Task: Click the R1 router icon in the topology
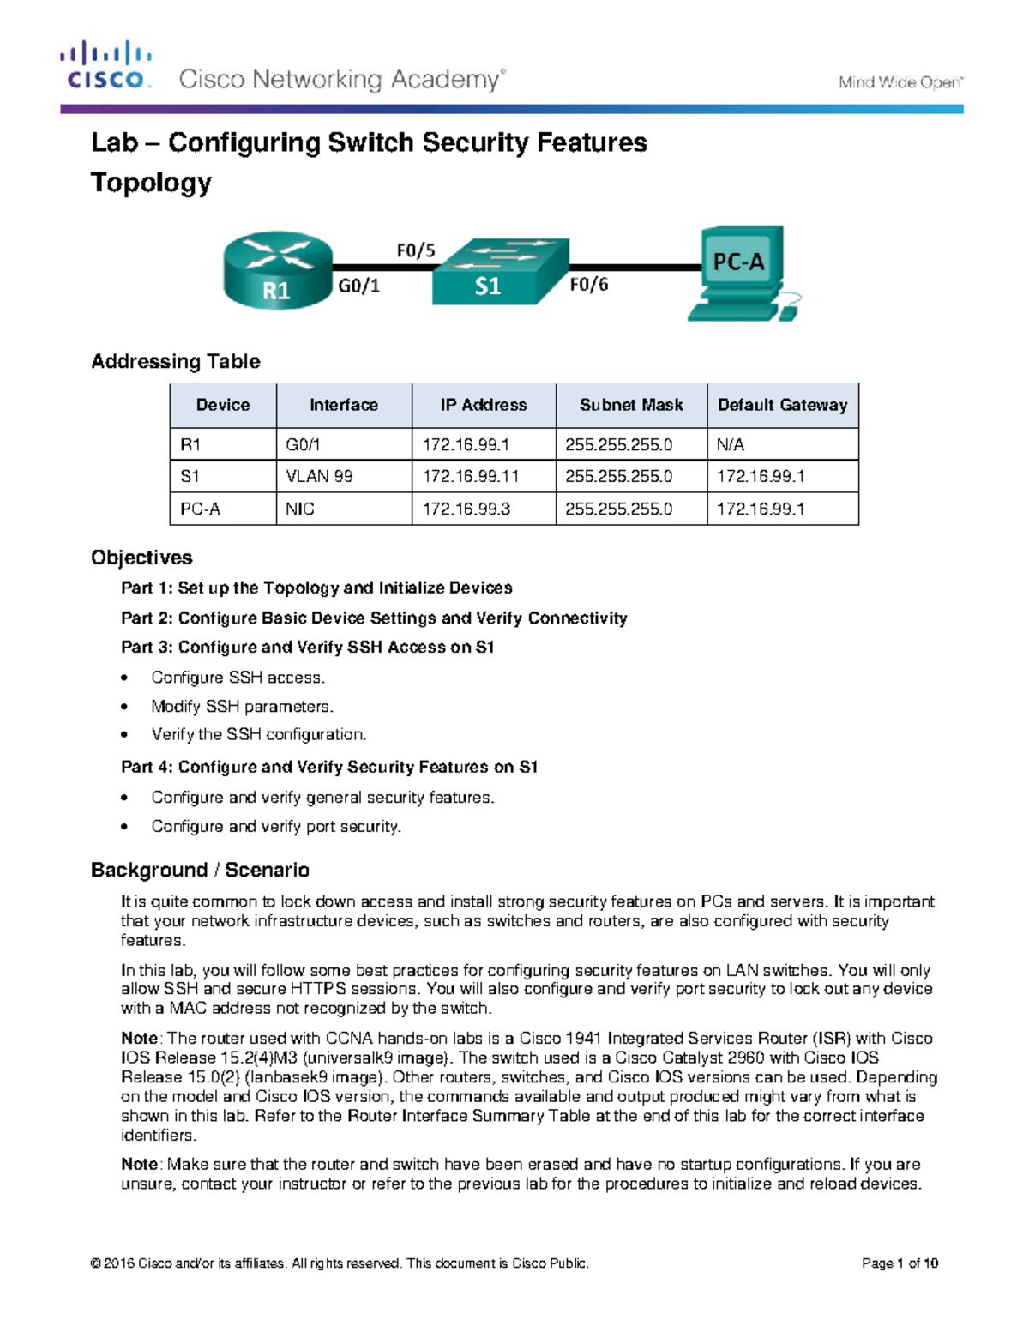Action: coord(277,270)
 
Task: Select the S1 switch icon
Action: coord(499,272)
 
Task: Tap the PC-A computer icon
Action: coord(743,273)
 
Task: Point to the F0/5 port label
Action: coord(416,250)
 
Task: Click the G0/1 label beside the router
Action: coord(358,286)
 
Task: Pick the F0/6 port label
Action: coord(589,285)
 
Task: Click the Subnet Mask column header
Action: coord(631,405)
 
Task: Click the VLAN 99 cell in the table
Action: coord(319,476)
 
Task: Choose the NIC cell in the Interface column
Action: coord(300,509)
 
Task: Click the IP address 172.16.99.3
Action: coord(466,509)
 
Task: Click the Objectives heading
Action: coord(141,558)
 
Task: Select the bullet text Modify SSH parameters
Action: coord(242,707)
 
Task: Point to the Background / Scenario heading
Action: coord(200,870)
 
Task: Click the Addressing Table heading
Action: coord(176,361)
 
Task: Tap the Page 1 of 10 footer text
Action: coord(900,1263)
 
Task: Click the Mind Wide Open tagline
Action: coord(900,82)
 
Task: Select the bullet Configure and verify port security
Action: coord(276,826)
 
